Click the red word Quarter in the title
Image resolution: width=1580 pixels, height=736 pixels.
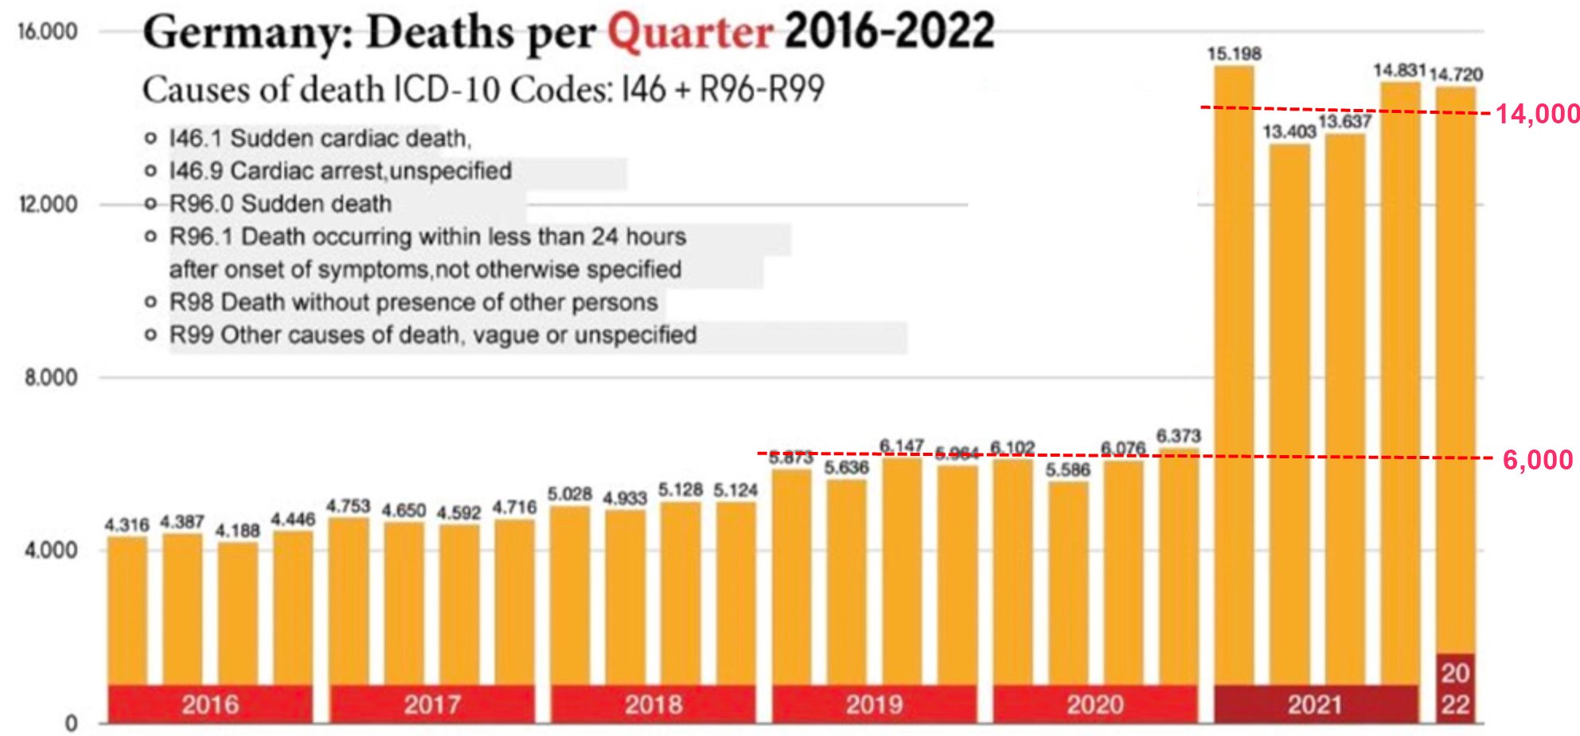689,33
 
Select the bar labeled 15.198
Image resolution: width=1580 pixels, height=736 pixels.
1233,374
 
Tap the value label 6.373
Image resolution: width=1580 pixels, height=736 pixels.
1178,436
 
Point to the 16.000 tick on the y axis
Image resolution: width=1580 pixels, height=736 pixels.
48,32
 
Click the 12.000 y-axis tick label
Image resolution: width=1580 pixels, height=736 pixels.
49,204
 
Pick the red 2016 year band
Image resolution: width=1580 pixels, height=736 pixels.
209,704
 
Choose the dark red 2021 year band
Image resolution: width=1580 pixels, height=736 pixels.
1315,704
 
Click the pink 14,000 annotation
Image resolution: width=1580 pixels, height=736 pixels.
1537,115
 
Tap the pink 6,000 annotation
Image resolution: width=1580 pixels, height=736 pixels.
1537,460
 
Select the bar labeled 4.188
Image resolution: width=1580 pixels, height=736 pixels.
237,613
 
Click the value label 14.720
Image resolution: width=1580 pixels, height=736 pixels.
1456,75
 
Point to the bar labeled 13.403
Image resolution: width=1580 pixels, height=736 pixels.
1289,414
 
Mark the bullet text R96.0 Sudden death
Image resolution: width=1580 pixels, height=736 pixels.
280,204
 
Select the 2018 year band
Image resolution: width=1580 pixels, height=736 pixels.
653,704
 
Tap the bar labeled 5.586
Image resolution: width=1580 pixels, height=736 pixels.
1067,581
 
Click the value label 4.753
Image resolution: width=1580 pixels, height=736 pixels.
348,506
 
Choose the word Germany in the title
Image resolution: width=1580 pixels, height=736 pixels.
247,33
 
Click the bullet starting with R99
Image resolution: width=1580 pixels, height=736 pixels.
433,335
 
